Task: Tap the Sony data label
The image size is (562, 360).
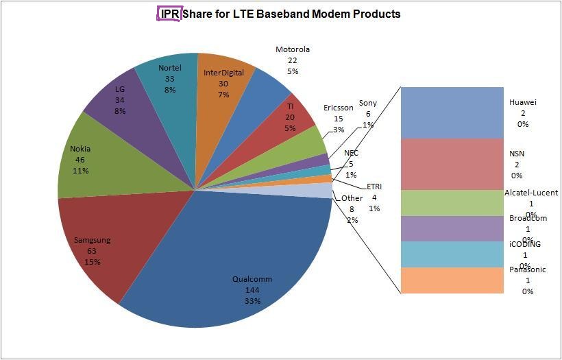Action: coord(368,114)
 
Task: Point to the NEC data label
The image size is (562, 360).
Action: coord(351,164)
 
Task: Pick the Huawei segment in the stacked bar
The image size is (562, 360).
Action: coord(452,112)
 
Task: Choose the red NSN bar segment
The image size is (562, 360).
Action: coord(452,164)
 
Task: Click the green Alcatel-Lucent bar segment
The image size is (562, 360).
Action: coord(452,202)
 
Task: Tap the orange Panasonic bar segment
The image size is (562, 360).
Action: coord(452,280)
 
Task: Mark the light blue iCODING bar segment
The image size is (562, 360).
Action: coord(452,254)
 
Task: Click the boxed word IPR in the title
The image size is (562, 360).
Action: coord(169,14)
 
